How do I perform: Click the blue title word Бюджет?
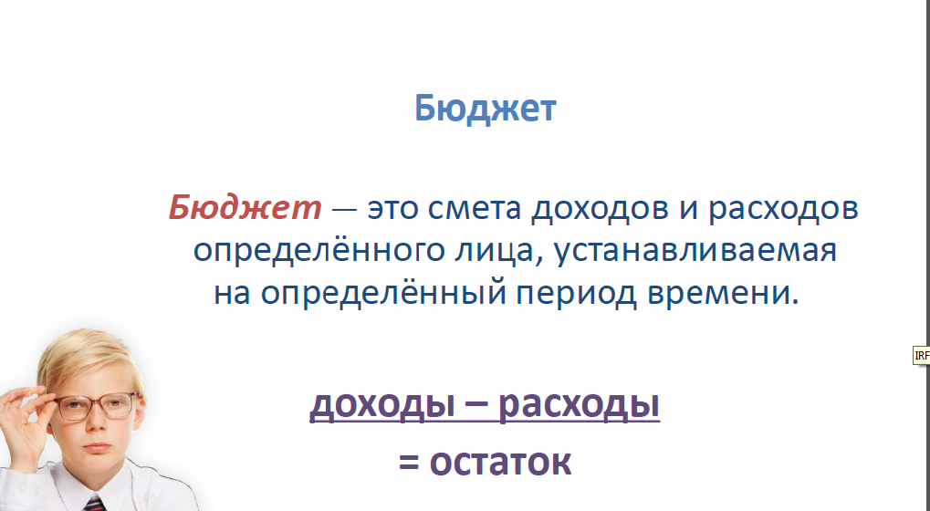[x=486, y=109]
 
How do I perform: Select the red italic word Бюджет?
[x=245, y=208]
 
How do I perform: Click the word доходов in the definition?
[x=600, y=209]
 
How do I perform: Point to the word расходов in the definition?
[x=783, y=209]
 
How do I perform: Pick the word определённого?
[x=319, y=250]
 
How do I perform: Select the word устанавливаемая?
[x=695, y=251]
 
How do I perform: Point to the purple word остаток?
[x=500, y=463]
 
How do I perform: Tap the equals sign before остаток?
[x=409, y=463]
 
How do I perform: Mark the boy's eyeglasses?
[x=95, y=406]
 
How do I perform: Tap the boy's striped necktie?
[x=95, y=505]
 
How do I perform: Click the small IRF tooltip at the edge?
[x=921, y=356]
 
